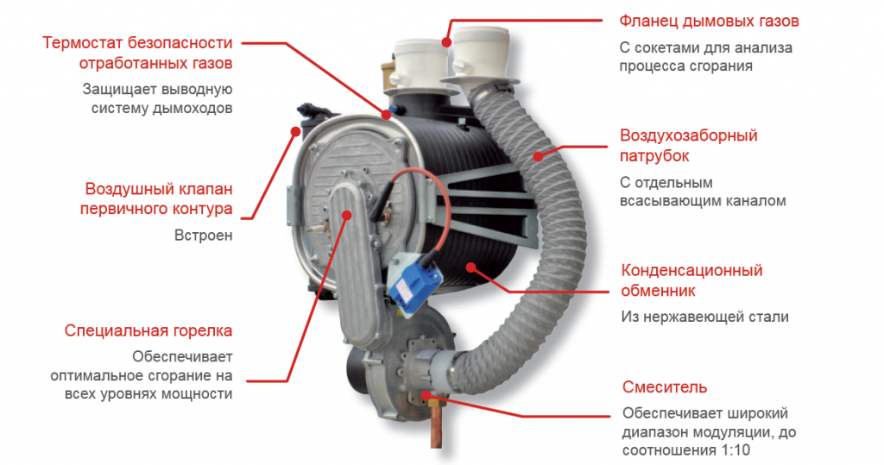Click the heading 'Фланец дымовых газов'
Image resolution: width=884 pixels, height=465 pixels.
[x=709, y=22]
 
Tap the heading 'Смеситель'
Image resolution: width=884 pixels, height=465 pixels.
[x=664, y=387]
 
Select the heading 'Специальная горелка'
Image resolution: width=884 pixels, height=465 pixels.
[x=148, y=330]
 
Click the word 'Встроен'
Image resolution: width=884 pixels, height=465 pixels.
[x=204, y=235]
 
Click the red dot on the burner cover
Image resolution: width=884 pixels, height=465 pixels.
[x=347, y=215]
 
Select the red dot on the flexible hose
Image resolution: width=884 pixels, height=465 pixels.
[x=539, y=156]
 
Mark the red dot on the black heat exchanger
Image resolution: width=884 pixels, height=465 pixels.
[x=470, y=267]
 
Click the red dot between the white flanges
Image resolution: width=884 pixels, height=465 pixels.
[x=446, y=41]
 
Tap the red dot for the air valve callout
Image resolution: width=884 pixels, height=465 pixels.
[x=295, y=131]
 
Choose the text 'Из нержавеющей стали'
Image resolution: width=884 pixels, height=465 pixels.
[x=704, y=317]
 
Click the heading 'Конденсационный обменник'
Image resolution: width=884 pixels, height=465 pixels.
[x=691, y=280]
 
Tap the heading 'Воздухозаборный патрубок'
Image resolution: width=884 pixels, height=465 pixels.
[x=688, y=146]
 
